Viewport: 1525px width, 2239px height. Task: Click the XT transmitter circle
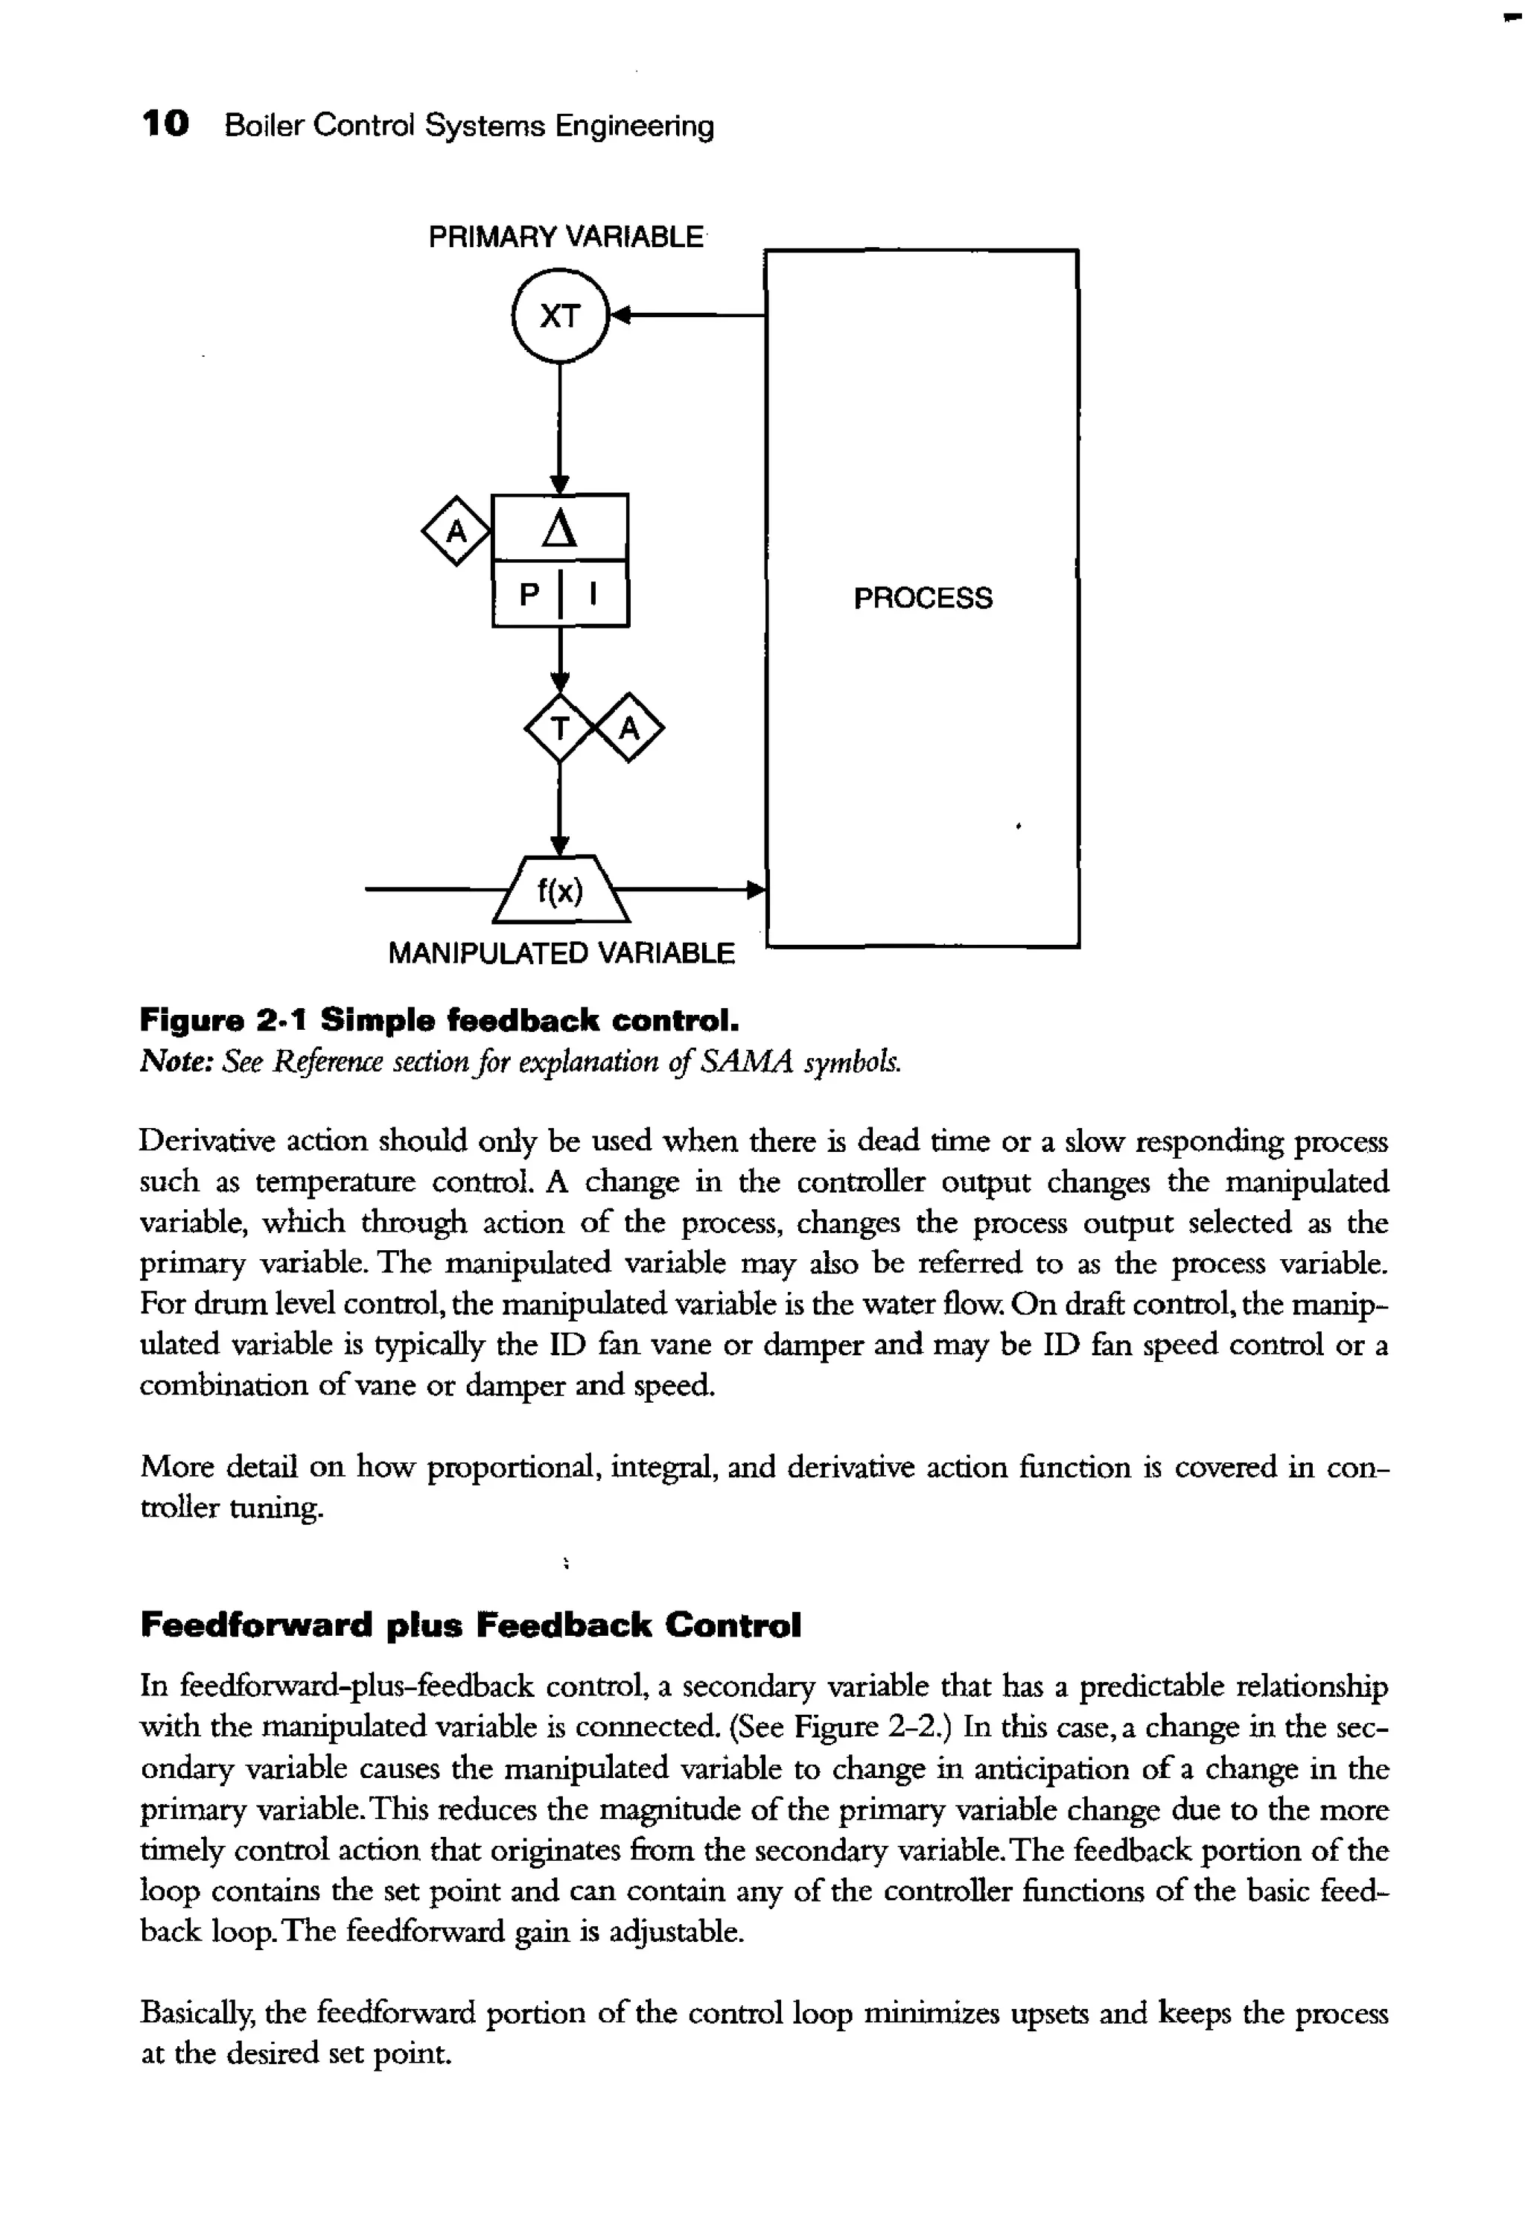point(560,316)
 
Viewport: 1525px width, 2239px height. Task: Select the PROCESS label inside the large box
point(922,599)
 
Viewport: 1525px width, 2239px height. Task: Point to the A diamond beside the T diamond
point(629,728)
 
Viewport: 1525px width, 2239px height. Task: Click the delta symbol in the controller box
point(560,529)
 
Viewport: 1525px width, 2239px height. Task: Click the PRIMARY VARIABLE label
point(565,237)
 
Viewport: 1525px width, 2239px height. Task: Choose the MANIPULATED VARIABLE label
point(561,954)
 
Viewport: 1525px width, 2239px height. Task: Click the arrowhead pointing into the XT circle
point(621,315)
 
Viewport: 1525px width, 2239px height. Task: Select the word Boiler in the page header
point(263,125)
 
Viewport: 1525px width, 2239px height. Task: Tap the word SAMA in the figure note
point(748,1062)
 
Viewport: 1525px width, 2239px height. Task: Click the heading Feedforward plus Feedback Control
point(470,1626)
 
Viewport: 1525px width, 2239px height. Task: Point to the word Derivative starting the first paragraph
point(200,1141)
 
